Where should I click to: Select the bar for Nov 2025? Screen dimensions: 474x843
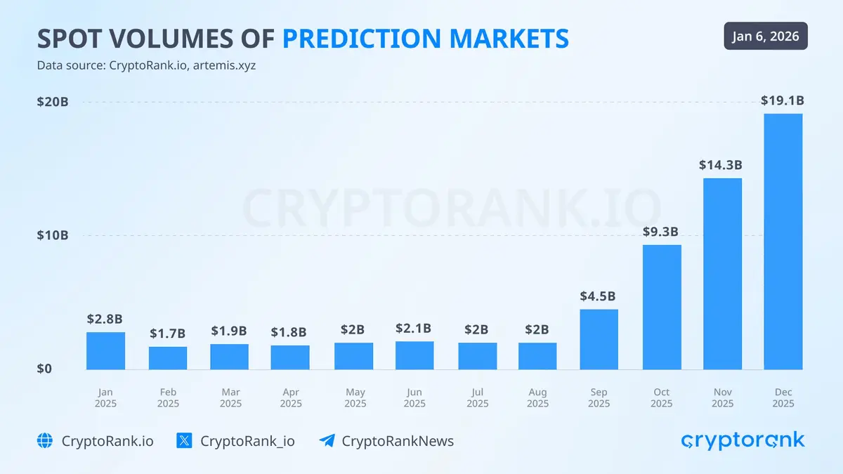722,274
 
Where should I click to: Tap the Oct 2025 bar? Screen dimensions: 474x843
662,307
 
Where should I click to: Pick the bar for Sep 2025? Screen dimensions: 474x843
599,339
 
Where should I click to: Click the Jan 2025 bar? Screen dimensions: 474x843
105,350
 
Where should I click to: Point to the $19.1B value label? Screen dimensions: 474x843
783,100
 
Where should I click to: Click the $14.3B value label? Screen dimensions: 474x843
721,166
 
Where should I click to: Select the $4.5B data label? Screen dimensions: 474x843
599,296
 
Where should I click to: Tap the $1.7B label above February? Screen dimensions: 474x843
167,334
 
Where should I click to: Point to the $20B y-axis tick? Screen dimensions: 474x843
53,102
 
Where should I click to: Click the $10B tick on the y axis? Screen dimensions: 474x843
53,235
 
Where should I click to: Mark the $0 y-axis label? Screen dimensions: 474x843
44,369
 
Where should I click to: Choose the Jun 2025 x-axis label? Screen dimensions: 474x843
414,397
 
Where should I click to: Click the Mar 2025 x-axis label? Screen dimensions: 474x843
230,397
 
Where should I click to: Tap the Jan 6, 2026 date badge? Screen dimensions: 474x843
766,36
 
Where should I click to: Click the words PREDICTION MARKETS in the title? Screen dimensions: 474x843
426,39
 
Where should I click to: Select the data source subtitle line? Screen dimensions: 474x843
151,66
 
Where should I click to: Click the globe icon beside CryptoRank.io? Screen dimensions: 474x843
45,441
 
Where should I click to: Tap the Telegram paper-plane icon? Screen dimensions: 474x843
327,441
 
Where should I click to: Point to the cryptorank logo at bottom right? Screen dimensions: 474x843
743,440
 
